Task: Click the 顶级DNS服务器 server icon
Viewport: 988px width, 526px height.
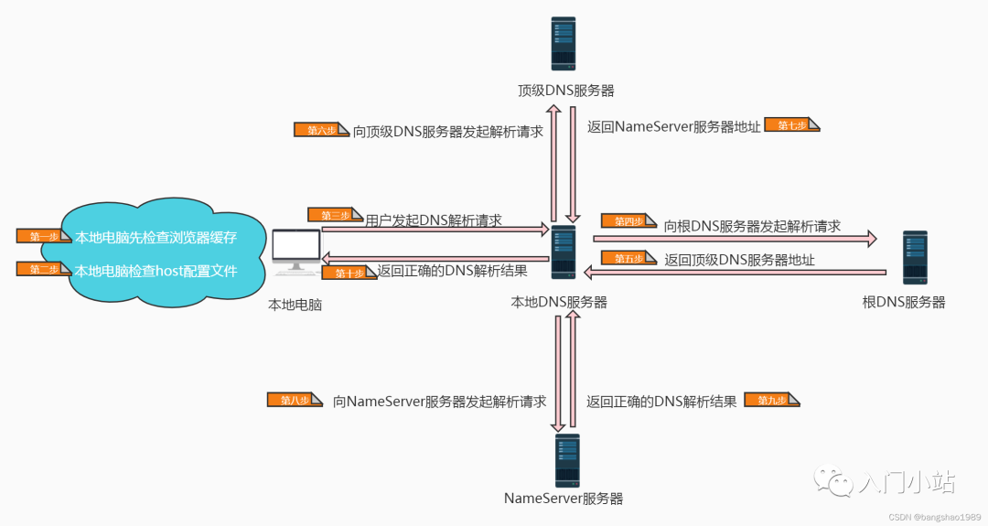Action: (x=564, y=44)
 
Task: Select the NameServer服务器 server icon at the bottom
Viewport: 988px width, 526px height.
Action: (x=567, y=460)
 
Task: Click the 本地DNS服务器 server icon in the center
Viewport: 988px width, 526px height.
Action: (x=564, y=252)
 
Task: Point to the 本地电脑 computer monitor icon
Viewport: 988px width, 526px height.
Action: (x=296, y=252)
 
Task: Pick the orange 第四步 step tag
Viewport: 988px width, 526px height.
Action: (x=628, y=220)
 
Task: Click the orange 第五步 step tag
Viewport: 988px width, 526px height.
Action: (x=628, y=259)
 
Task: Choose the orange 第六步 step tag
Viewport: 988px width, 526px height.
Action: (x=321, y=130)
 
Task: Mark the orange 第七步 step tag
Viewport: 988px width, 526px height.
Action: (x=793, y=125)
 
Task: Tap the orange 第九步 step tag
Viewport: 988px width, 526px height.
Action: (x=772, y=400)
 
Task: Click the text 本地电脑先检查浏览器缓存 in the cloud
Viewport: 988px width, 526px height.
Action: (x=156, y=238)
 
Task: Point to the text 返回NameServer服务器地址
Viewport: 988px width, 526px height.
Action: (x=673, y=127)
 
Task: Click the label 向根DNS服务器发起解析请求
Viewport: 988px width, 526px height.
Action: (x=752, y=225)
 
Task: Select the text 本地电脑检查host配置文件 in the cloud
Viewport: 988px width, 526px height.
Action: (x=156, y=271)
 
